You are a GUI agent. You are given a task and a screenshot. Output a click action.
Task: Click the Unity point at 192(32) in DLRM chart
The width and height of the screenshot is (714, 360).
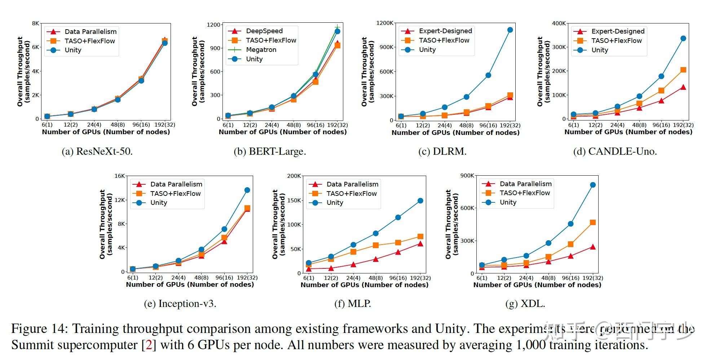coord(510,30)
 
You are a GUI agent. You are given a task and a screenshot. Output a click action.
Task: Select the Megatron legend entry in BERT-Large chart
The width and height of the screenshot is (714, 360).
coord(261,50)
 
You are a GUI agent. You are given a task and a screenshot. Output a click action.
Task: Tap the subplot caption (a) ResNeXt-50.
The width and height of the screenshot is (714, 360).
coord(97,151)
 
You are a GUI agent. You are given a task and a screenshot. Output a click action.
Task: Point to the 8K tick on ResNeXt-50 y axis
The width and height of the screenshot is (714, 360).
coord(35,23)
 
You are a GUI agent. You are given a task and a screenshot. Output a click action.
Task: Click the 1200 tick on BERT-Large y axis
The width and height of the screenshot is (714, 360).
coord(213,25)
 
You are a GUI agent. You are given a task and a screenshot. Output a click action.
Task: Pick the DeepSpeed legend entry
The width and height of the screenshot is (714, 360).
coord(264,31)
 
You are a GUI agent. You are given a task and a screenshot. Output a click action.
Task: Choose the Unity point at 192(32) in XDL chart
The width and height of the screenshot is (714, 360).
coord(592,185)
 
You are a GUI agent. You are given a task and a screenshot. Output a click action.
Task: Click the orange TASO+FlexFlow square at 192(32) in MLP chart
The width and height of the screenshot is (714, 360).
coord(420,237)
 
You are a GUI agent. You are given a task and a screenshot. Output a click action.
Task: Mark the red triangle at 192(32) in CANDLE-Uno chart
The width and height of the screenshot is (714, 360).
coord(683,87)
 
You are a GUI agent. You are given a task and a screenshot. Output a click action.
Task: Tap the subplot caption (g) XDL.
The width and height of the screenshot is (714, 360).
coord(525,304)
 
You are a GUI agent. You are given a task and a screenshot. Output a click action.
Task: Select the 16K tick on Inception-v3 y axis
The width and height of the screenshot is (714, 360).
coord(119,176)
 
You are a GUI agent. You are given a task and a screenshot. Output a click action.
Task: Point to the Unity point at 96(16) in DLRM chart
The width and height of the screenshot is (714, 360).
coord(488,75)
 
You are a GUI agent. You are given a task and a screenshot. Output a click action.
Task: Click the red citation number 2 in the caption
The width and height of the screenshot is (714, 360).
coord(149,345)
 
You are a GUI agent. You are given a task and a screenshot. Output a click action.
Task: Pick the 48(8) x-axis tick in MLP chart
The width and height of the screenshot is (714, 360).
coord(375,278)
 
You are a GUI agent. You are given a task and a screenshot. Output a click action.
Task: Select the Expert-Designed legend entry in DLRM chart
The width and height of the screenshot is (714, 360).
coord(445,31)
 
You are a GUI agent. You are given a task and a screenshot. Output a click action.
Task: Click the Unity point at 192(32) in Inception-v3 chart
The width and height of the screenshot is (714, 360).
coord(247,190)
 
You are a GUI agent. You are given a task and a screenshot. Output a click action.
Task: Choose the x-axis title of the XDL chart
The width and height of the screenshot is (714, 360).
coord(537,285)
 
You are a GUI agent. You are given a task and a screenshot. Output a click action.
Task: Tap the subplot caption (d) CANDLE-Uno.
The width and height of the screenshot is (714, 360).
coord(615,151)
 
